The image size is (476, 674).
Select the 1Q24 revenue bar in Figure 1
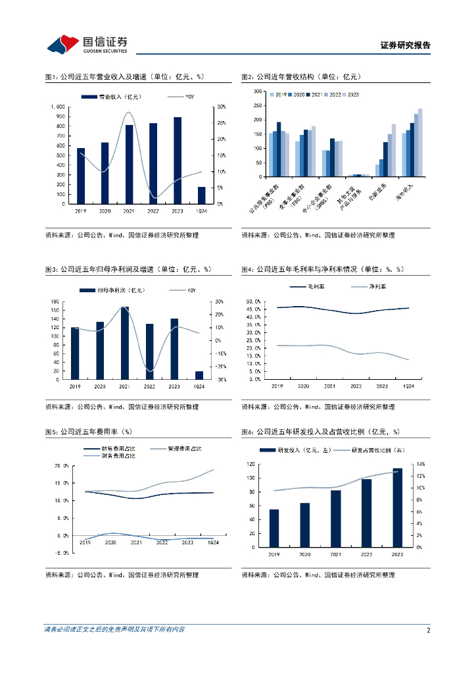(x=202, y=195)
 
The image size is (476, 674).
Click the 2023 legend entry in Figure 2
(x=353, y=95)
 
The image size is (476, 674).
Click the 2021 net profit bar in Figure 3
(x=125, y=343)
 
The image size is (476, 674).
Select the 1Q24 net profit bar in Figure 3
(x=199, y=375)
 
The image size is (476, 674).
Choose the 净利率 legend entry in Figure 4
(x=377, y=287)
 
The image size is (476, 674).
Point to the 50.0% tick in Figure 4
(x=253, y=301)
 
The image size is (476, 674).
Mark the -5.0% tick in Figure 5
(x=61, y=553)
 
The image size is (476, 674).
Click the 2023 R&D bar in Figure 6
(x=398, y=507)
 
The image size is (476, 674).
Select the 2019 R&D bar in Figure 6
(x=274, y=528)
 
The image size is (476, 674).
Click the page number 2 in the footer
(x=428, y=630)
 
